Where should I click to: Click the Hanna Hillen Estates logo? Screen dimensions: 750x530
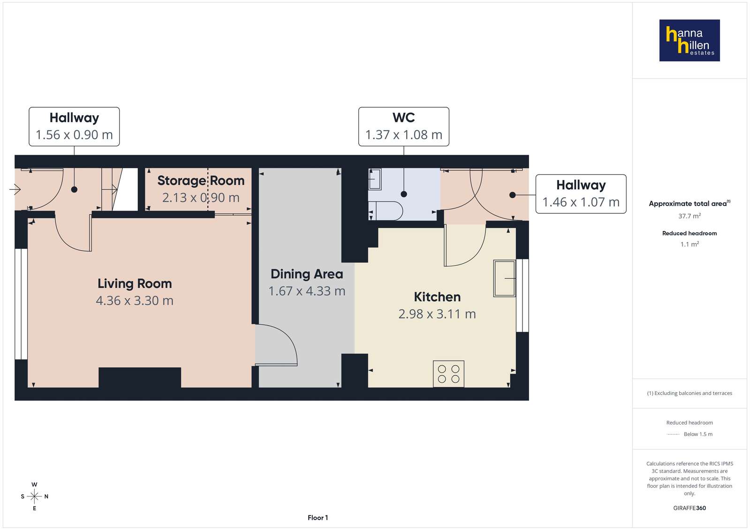(689, 40)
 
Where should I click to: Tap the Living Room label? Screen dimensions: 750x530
(135, 284)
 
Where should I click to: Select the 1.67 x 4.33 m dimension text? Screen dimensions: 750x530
(307, 291)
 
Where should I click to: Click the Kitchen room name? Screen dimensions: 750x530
(437, 297)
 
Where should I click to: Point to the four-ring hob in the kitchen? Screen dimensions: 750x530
(448, 374)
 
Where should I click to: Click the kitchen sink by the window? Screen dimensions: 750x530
(504, 278)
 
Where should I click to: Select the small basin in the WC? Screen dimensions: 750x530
(375, 179)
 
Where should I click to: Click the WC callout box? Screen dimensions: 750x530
(403, 127)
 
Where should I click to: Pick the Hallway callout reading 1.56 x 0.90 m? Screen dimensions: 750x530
(74, 127)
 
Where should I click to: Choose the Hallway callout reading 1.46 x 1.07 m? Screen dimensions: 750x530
(581, 194)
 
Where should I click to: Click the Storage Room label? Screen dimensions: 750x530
(201, 181)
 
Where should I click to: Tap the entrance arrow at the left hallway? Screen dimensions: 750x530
(15, 189)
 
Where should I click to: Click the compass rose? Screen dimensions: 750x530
(34, 496)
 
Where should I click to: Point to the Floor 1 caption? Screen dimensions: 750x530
(318, 518)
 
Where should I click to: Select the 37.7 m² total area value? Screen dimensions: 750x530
(689, 216)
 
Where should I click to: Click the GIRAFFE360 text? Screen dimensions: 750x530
(689, 508)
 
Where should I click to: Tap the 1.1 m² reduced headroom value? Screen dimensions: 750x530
(689, 244)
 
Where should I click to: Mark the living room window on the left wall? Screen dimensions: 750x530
(21, 304)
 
